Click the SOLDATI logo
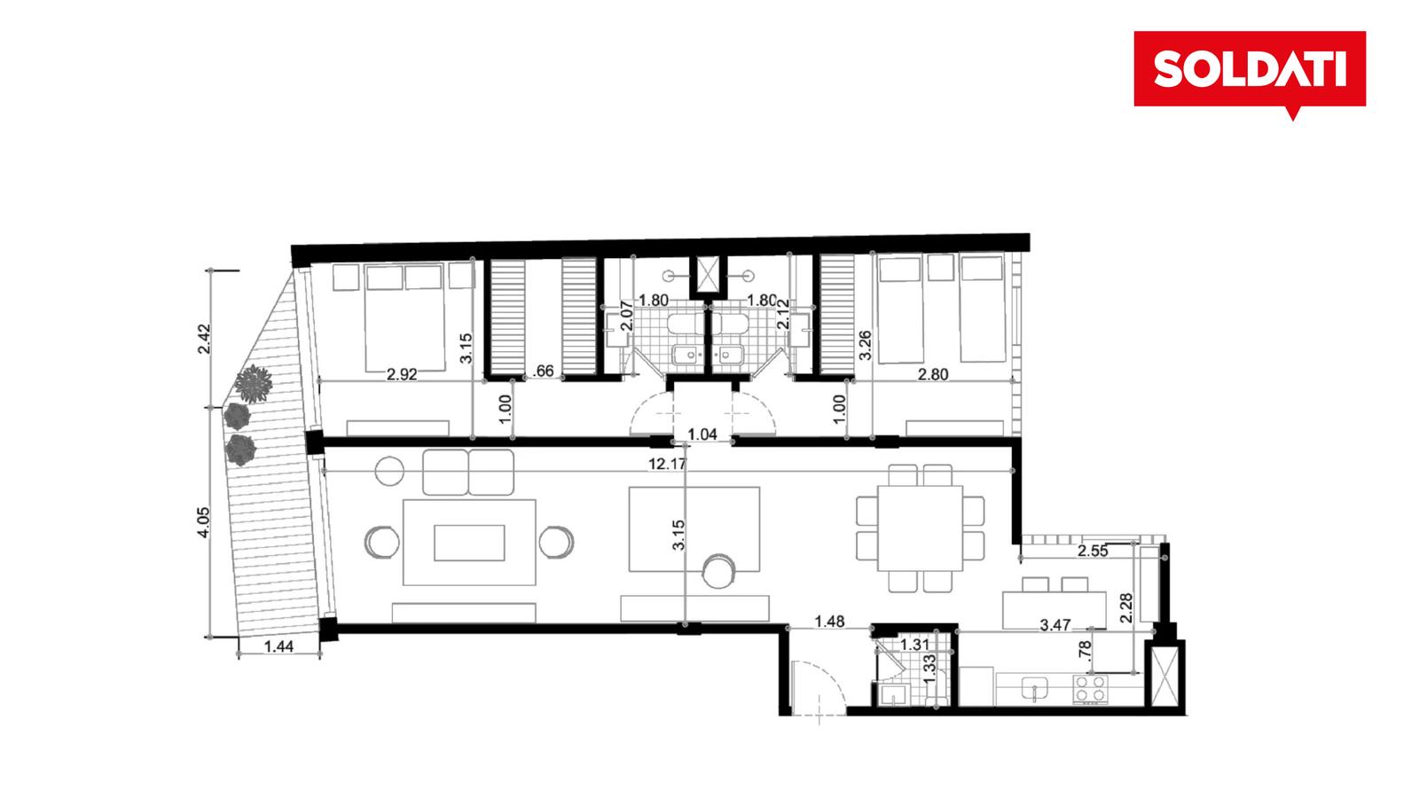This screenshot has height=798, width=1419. [x=1250, y=70]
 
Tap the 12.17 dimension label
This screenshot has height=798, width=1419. [x=667, y=465]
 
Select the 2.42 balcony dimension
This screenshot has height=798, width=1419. [x=204, y=339]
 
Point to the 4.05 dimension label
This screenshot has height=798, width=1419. [x=203, y=522]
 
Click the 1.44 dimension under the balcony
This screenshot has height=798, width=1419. [x=278, y=646]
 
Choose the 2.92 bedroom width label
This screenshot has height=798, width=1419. [x=403, y=374]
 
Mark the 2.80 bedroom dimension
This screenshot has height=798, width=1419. [x=933, y=374]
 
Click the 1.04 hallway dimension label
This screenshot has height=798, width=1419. [x=702, y=434]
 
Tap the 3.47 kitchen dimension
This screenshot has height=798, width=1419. [x=1055, y=625]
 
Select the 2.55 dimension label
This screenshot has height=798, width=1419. [x=1094, y=551]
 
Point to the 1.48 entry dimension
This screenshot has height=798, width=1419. [x=830, y=622]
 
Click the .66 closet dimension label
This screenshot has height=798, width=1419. [x=544, y=372]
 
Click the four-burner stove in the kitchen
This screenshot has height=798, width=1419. [x=1091, y=689]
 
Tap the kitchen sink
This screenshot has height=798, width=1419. [x=1034, y=689]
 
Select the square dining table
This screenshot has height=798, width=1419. [x=920, y=528]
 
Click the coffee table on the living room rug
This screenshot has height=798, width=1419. [x=469, y=543]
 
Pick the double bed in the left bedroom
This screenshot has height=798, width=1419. [x=404, y=318]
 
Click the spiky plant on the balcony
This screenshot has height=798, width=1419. [x=254, y=384]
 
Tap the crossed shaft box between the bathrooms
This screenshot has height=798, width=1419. [x=709, y=275]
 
